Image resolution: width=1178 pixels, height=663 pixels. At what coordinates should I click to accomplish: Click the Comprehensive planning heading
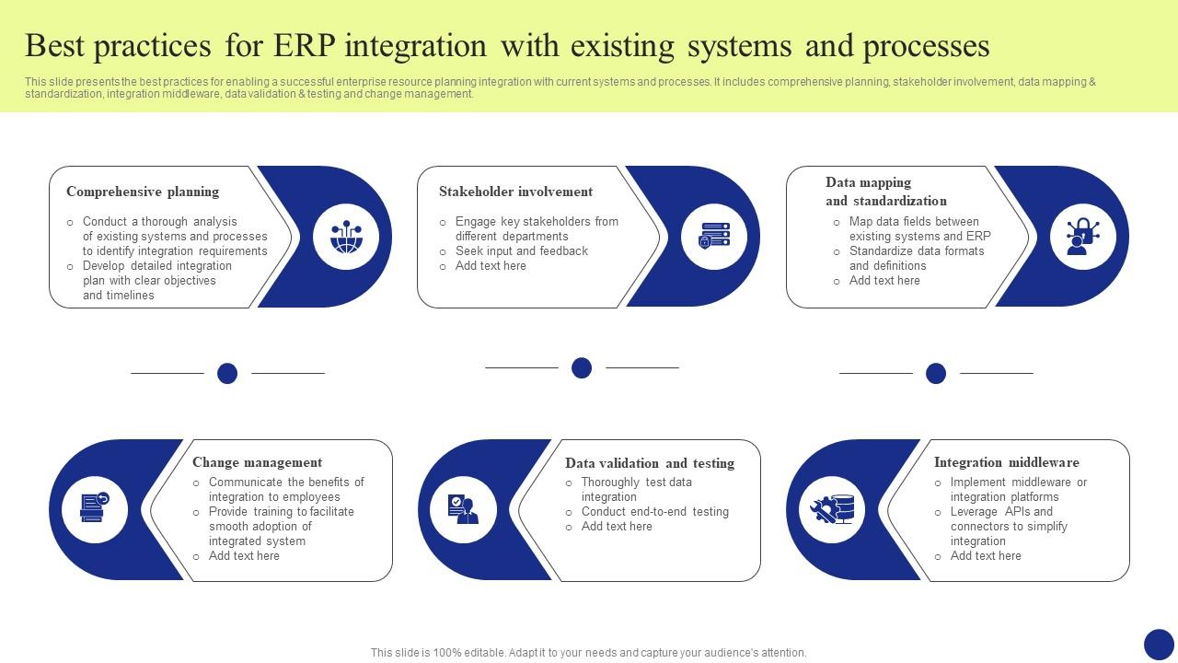tap(143, 192)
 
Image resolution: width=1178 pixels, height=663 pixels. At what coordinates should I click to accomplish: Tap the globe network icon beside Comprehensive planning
tap(346, 237)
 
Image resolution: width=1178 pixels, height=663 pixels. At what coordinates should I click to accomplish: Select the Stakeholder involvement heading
tap(515, 192)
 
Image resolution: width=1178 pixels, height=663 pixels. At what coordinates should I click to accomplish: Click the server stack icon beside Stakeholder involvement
tap(714, 237)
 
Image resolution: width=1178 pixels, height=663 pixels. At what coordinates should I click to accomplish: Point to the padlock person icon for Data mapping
tap(1082, 237)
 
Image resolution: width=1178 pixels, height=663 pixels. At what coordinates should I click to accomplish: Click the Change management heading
tap(257, 462)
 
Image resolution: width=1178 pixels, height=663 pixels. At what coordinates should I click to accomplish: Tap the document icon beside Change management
tap(95, 509)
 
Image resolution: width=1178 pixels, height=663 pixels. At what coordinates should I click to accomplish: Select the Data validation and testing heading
tap(650, 463)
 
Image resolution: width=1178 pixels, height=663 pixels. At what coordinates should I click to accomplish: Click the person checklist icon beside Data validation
tap(463, 509)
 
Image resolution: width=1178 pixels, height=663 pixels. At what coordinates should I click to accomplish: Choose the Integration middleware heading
tap(1006, 462)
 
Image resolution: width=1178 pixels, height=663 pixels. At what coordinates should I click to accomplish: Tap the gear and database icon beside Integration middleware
tap(832, 509)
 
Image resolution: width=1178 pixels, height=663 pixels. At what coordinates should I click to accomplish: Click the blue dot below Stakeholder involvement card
tap(582, 368)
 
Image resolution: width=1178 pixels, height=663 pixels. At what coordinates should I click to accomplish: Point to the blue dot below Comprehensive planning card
tap(227, 373)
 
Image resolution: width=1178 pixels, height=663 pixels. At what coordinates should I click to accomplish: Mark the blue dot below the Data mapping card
tap(936, 373)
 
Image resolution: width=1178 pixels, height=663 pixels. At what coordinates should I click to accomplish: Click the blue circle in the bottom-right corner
tap(1159, 645)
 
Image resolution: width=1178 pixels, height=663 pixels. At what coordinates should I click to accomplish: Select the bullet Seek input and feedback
tap(521, 250)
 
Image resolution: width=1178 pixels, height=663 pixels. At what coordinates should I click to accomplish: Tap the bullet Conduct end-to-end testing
tap(654, 512)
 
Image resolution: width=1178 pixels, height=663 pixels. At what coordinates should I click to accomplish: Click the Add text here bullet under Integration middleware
tap(985, 556)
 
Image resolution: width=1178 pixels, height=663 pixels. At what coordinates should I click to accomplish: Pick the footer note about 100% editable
tap(589, 653)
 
